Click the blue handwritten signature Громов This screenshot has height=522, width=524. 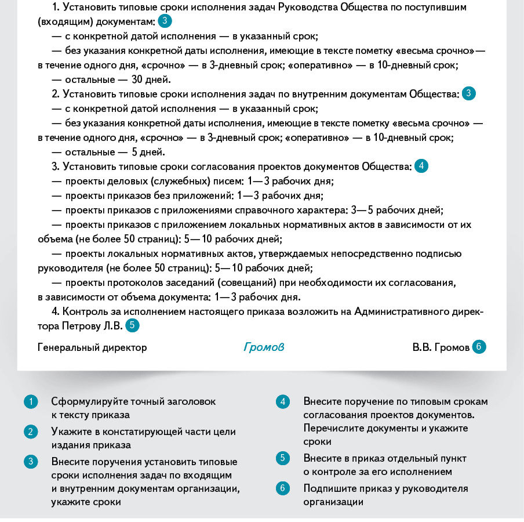[264, 347]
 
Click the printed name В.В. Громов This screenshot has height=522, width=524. [441, 347]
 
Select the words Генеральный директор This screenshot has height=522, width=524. [92, 347]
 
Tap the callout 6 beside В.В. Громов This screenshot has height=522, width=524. [479, 347]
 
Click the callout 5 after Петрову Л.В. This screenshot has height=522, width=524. [133, 325]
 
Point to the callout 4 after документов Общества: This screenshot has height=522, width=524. [421, 166]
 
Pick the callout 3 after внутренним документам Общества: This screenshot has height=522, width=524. [469, 93]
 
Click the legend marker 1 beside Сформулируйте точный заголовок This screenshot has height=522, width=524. [31, 401]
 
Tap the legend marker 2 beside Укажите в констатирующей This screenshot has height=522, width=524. [31, 432]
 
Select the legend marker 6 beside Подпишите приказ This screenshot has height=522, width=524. [283, 488]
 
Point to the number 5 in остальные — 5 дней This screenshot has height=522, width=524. [134, 152]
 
